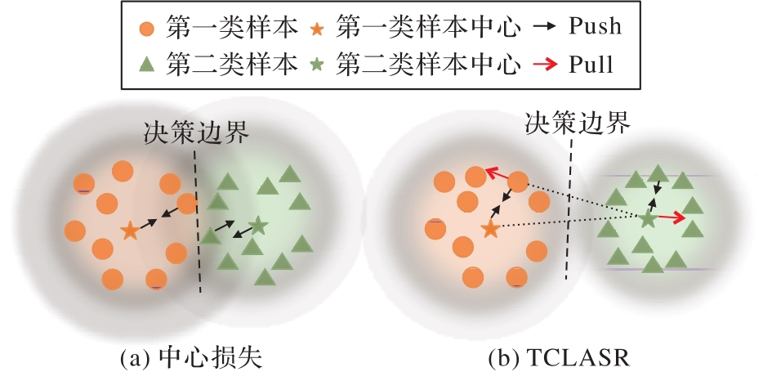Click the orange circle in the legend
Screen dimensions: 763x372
146,29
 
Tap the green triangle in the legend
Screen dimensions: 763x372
146,65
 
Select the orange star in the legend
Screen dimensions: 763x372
317,29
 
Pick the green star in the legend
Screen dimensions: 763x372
317,65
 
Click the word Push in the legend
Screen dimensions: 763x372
595,25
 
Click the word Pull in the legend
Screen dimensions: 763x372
591,64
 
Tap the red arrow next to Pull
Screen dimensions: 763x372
545,65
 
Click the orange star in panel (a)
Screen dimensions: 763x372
129,231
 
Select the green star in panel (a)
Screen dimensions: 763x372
258,225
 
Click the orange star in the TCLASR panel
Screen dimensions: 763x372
490,228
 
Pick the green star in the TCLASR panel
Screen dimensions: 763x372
648,219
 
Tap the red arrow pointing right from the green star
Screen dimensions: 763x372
672,217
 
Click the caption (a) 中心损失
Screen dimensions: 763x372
191,358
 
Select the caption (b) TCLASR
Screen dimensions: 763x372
559,358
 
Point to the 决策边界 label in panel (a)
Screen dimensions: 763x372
196,132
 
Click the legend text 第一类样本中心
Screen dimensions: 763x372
428,27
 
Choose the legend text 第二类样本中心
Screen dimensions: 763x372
428,65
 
